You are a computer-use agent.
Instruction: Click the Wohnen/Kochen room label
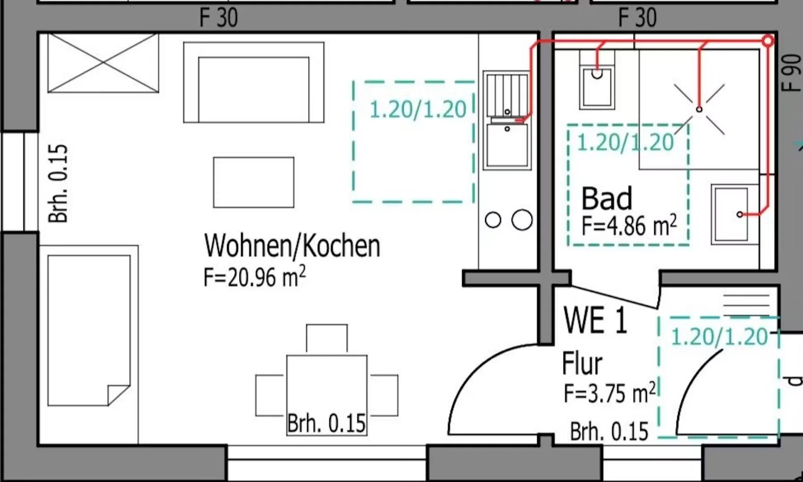point(292,246)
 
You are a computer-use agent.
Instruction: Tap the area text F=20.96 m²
point(255,277)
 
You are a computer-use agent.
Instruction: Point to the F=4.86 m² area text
point(629,225)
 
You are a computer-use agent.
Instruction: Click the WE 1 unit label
point(595,320)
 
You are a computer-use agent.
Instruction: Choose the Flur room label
point(582,363)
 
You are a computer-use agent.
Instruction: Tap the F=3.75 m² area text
point(610,393)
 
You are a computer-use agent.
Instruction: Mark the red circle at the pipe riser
point(768,41)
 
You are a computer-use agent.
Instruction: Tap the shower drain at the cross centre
point(699,109)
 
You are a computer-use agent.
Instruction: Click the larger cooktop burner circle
point(522,220)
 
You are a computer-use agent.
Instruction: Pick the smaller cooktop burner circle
point(493,220)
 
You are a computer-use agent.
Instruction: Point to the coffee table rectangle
point(254,182)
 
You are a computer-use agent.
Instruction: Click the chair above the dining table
point(327,339)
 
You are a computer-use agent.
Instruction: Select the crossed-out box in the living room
point(103,63)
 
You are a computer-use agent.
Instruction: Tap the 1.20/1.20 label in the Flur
point(719,337)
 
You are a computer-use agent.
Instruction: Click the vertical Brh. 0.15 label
point(59,183)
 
